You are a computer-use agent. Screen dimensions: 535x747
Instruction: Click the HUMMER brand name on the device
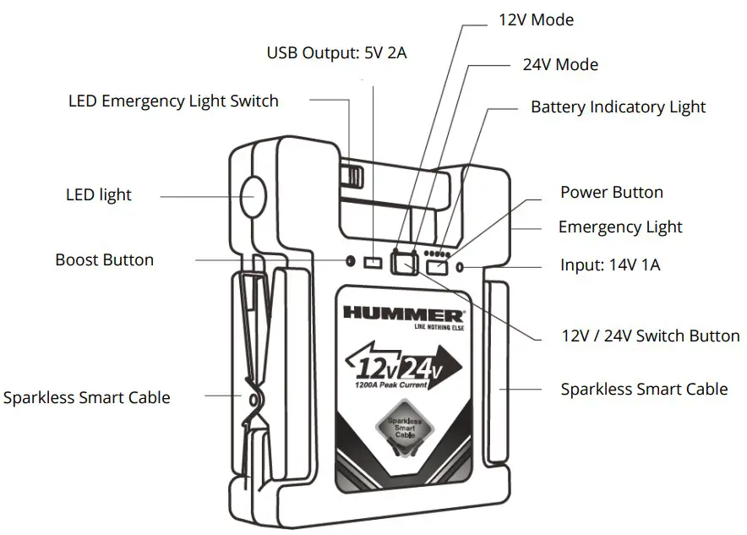[x=402, y=312]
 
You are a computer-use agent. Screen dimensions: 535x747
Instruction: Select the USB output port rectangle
[x=373, y=263]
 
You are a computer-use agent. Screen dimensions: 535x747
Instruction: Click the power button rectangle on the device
[x=438, y=267]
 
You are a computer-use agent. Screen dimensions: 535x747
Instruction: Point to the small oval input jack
[x=460, y=267]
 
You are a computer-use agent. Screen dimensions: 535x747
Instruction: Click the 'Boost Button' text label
[x=105, y=259]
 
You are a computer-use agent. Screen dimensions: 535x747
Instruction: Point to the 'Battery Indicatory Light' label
[x=618, y=107]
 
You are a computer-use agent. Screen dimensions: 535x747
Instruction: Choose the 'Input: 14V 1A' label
[x=610, y=265]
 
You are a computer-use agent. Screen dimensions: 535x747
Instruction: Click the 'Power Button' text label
[x=612, y=193]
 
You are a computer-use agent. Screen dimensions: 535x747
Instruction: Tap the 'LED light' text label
[x=99, y=195]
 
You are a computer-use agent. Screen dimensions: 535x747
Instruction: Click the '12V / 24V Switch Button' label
[x=651, y=336]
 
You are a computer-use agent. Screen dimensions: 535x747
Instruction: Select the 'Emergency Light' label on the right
[x=620, y=227]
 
